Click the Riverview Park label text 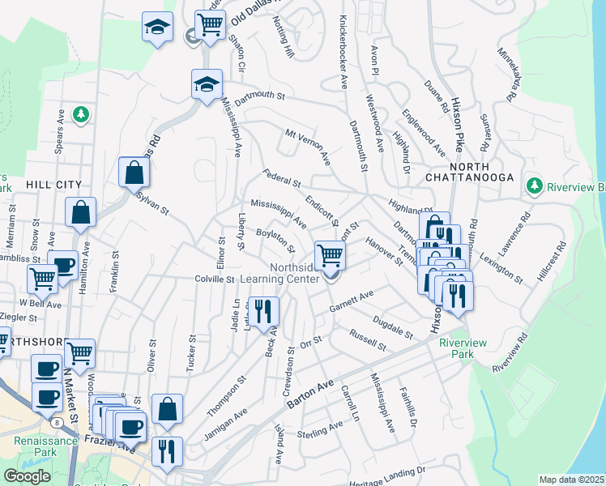(463, 349)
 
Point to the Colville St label (215, 279)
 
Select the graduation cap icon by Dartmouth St (207, 83)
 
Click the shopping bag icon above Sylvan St (134, 172)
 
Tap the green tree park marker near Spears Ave (81, 115)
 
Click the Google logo (27, 475)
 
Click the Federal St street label (282, 177)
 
